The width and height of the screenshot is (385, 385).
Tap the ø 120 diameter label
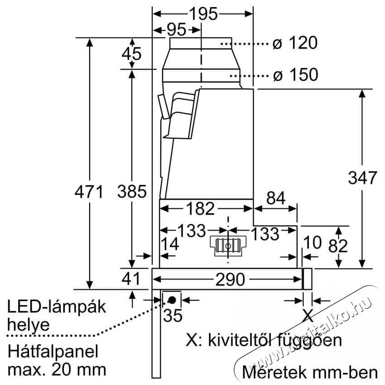294,43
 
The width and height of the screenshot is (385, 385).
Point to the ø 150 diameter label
295,75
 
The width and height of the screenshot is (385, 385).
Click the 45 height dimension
132,54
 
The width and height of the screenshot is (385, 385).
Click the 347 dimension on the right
362,178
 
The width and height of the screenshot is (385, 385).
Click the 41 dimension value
132,279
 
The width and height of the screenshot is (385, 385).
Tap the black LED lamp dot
172,299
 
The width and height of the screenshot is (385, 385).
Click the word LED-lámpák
57,307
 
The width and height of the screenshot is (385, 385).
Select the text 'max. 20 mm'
57,369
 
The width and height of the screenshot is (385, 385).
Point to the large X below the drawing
308,314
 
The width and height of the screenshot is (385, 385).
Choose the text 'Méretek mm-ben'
310,372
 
